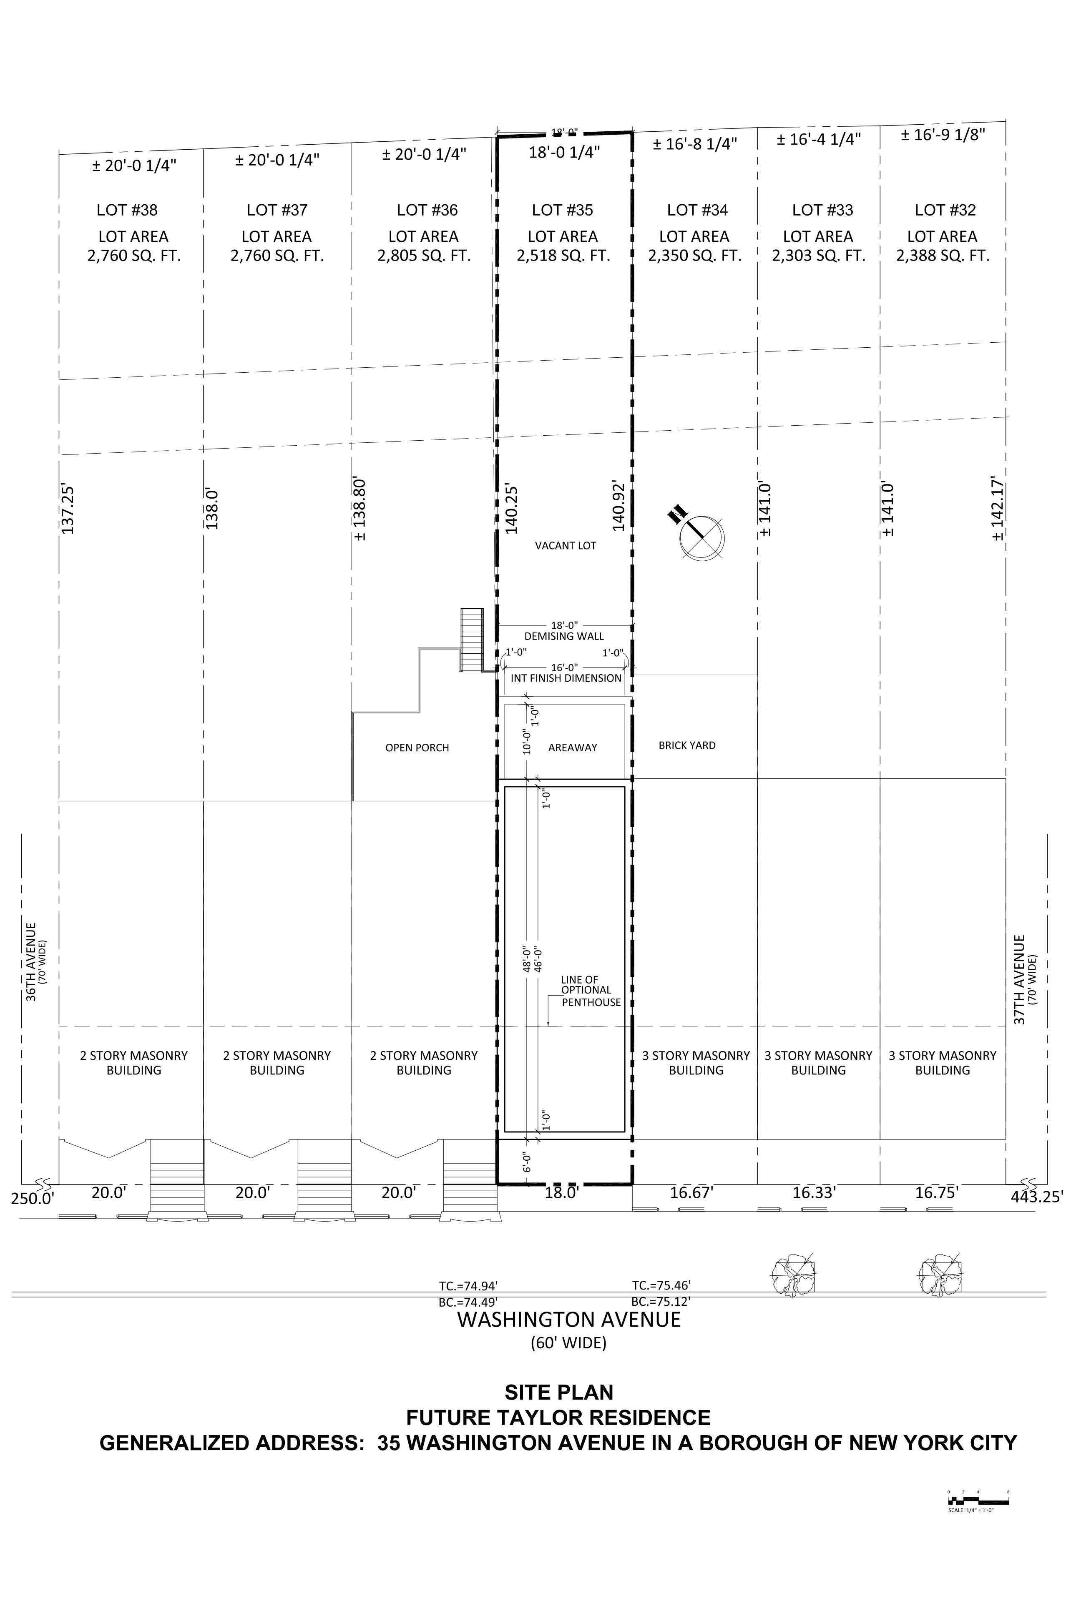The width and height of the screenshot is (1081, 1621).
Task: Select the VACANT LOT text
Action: click(x=566, y=546)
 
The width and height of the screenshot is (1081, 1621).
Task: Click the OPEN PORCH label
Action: click(x=417, y=748)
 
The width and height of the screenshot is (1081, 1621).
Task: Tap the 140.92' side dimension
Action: click(x=618, y=507)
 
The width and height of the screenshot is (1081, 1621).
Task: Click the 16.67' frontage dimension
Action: click(x=691, y=1193)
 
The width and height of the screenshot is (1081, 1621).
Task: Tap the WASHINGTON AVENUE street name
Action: click(x=569, y=1320)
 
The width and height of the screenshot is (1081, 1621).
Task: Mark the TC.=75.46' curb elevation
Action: click(x=661, y=1285)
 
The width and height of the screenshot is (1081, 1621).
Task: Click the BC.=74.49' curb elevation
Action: click(x=468, y=1302)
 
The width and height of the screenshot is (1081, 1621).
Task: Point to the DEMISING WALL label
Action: click(x=564, y=637)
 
